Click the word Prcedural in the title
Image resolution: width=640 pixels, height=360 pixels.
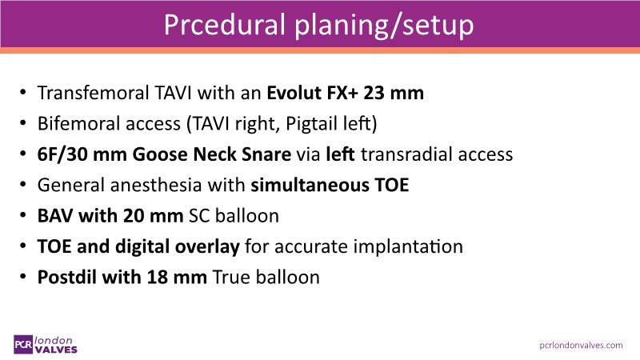(225, 25)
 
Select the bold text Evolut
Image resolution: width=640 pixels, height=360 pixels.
(294, 93)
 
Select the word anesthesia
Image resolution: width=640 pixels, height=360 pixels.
(156, 185)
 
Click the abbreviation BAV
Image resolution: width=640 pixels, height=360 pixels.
(55, 216)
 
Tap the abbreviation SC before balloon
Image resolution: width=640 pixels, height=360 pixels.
(198, 216)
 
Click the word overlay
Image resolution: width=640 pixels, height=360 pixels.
(207, 247)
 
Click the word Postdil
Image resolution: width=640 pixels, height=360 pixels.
(67, 277)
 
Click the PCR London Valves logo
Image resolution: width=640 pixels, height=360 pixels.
(46, 345)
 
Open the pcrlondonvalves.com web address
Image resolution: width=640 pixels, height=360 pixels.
(581, 346)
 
